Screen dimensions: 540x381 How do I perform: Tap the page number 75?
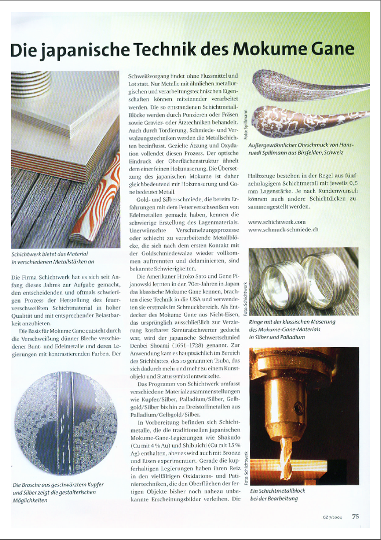click(x=355, y=516)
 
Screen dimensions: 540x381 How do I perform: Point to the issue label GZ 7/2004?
click(x=332, y=517)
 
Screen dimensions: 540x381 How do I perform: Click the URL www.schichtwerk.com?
click(x=277, y=221)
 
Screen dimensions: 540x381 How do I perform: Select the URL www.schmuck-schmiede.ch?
click(x=284, y=229)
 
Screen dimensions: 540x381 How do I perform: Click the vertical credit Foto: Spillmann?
click(x=244, y=123)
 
